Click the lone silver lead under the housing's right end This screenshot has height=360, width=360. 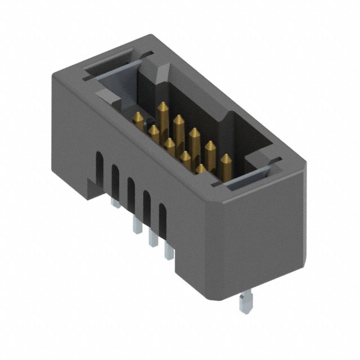pos(244,304)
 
